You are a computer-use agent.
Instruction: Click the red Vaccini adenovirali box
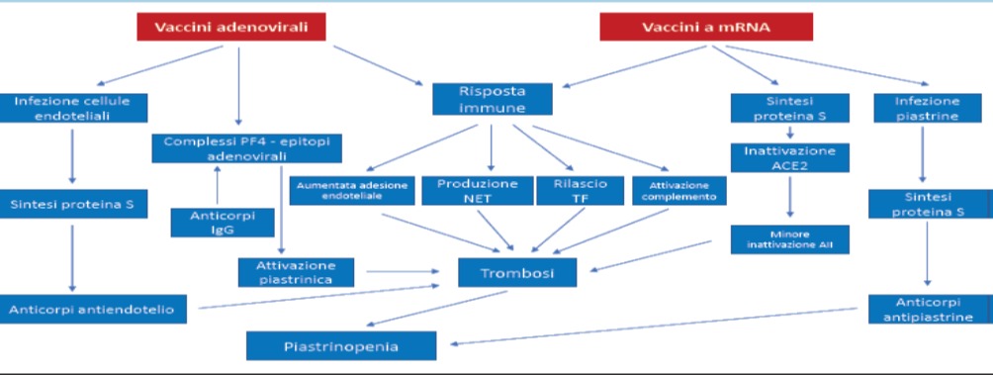[231, 28]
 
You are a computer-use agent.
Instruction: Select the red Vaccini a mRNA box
[706, 28]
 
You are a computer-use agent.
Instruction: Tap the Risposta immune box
[493, 100]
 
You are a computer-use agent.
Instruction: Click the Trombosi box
[517, 273]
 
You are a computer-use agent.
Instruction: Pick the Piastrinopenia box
[341, 346]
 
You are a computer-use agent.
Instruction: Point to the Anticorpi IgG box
[223, 223]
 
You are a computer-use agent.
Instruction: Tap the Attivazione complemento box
[678, 191]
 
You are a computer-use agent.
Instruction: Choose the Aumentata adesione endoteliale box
[352, 191]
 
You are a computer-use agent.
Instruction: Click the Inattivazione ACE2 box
[789, 157]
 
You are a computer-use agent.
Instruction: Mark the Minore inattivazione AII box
[789, 239]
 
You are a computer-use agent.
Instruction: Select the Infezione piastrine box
[927, 108]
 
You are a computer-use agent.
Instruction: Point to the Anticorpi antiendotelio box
[93, 309]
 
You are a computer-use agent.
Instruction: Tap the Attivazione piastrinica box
[296, 272]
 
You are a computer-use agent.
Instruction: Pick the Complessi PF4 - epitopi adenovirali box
[247, 148]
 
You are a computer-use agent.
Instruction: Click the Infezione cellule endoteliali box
[73, 108]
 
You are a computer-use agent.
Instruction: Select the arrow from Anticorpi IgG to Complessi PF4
[218, 186]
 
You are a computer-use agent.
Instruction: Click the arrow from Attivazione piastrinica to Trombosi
[403, 272]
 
